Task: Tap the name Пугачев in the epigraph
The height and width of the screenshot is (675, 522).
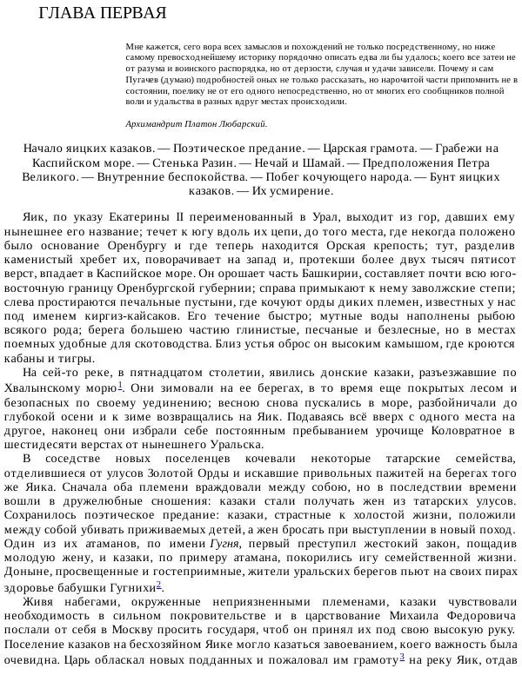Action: pyautogui.click(x=144, y=77)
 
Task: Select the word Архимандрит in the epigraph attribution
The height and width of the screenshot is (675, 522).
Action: pyautogui.click(x=154, y=123)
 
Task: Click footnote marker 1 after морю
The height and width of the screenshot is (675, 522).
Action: pyautogui.click(x=119, y=385)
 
